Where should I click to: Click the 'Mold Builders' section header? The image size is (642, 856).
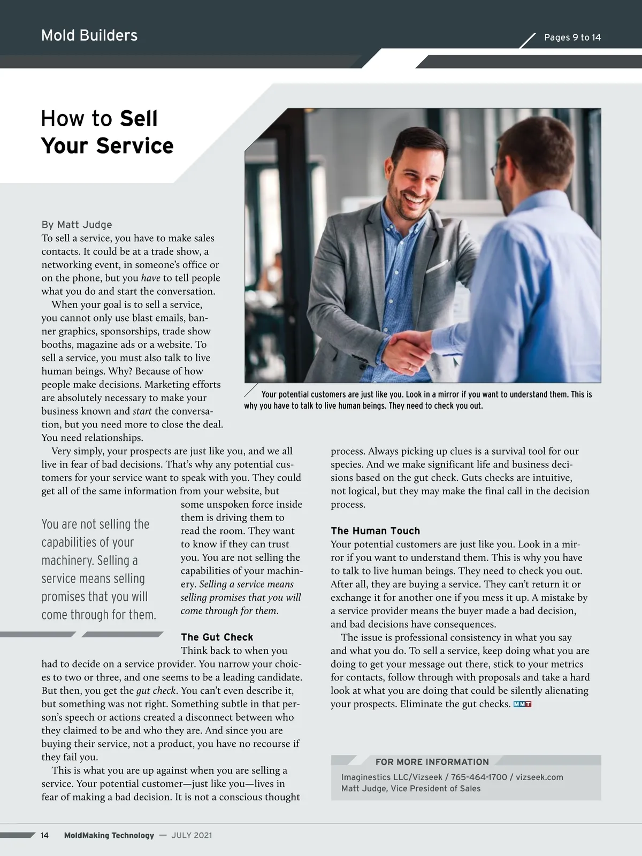coord(89,35)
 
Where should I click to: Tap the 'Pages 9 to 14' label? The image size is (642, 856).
coord(572,37)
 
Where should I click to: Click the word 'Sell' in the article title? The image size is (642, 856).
coord(139,118)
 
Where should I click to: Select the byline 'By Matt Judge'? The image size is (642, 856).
coord(77,225)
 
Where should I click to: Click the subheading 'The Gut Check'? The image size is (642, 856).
coord(217,637)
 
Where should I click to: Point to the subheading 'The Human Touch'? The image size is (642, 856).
coord(375,531)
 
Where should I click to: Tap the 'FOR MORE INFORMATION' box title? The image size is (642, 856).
coord(432,762)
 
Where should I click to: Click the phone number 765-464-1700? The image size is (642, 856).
coord(479,777)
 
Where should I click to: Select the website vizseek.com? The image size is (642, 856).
coord(539,777)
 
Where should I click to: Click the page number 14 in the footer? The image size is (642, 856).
coord(44,835)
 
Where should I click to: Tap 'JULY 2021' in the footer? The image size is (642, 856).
coord(192,835)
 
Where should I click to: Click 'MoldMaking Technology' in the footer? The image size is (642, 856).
coord(109,835)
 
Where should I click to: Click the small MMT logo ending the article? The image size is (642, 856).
coord(522,704)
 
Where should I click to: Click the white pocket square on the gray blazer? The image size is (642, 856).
coord(437,266)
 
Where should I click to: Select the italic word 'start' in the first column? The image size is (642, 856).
coord(142,411)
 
